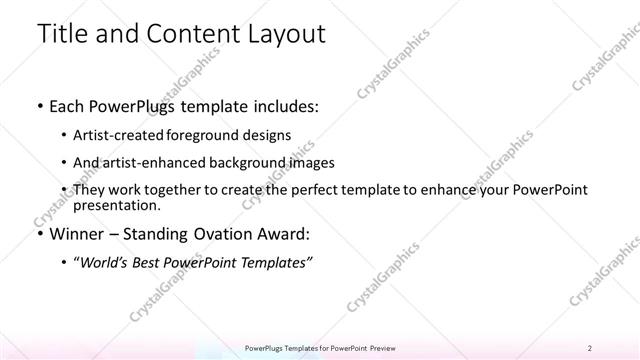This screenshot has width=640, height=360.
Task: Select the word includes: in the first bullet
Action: [x=284, y=106]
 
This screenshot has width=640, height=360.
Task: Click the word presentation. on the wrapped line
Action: [x=124, y=206]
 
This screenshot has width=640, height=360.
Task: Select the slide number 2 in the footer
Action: [x=590, y=347]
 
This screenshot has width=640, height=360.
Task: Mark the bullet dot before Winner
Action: [x=39, y=236]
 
